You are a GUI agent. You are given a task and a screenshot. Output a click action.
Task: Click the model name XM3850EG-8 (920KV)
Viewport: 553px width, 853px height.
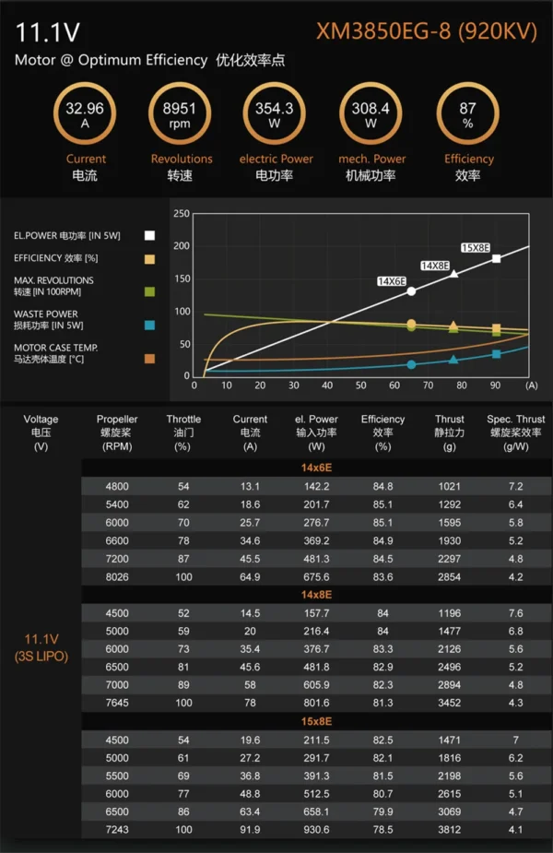[x=427, y=31]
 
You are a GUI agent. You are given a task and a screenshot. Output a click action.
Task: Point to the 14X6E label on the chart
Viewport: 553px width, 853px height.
[x=392, y=281]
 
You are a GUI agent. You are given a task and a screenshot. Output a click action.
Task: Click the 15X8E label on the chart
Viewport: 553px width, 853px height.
[x=476, y=247]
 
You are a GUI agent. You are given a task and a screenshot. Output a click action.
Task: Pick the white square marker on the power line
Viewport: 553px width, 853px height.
[x=496, y=258]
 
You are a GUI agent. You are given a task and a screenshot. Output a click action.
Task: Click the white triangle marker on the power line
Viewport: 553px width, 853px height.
[x=454, y=274]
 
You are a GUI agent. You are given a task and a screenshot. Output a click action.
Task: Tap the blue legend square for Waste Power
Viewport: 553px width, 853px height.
[x=149, y=326]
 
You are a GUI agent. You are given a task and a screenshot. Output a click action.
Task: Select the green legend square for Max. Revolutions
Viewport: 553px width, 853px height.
[x=149, y=291]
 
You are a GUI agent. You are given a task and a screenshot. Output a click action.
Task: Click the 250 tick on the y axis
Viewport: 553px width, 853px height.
[x=182, y=214]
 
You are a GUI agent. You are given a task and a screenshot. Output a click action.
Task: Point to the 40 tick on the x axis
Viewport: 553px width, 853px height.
[x=327, y=385]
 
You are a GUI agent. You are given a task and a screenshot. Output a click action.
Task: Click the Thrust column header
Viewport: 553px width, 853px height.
[x=450, y=432]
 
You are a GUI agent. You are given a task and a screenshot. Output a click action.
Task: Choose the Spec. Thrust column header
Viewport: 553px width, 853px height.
[x=515, y=432]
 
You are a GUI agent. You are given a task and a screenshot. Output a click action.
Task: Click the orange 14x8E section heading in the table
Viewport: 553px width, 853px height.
[x=316, y=595]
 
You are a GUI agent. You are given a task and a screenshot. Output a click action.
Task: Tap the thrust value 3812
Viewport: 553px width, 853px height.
[x=450, y=830]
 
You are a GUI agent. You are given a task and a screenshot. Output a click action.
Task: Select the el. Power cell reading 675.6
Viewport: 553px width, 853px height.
[x=316, y=576]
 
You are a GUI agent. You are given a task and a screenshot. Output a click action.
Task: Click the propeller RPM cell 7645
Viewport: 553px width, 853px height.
[x=117, y=703]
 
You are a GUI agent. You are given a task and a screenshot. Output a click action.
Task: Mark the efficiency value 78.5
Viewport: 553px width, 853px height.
[x=382, y=830]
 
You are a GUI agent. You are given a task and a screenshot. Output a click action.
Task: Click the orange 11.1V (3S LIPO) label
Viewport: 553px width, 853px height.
[x=41, y=647]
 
